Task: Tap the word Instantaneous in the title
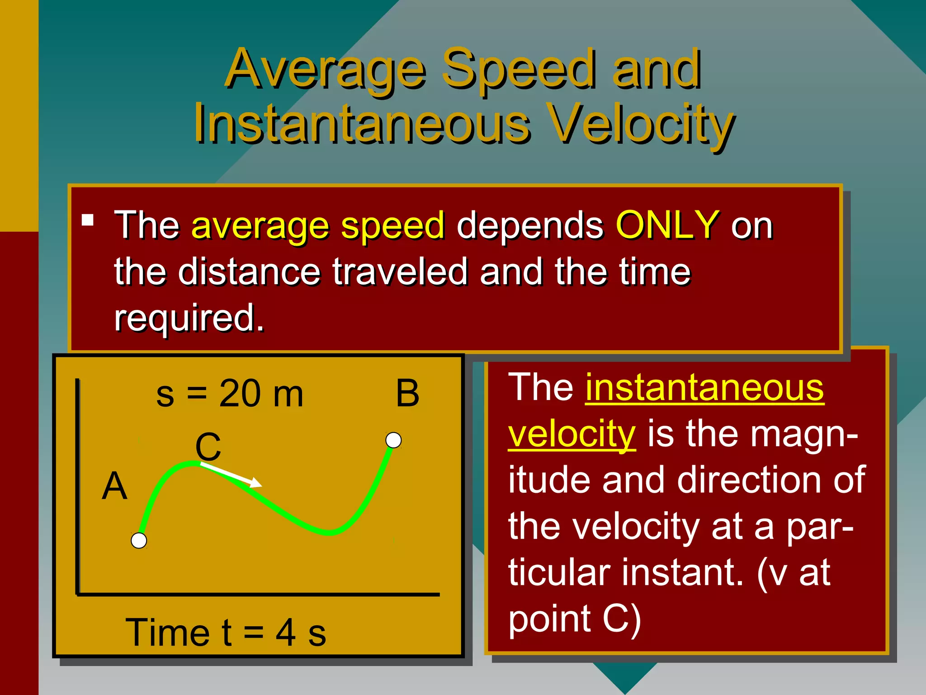(x=362, y=124)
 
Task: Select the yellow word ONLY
(x=667, y=225)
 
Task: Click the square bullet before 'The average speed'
(x=88, y=220)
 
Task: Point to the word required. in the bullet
(x=189, y=318)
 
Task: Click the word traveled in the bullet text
(x=400, y=271)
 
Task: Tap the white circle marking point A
(x=139, y=540)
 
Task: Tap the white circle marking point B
(x=393, y=440)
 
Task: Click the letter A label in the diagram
(x=114, y=486)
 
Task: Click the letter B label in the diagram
(x=407, y=393)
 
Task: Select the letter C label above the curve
(x=208, y=447)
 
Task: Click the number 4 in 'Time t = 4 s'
(x=286, y=633)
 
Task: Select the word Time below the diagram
(x=168, y=633)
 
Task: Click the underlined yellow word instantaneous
(x=704, y=388)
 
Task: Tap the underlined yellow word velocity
(x=572, y=433)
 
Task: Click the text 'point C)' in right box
(x=574, y=619)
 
